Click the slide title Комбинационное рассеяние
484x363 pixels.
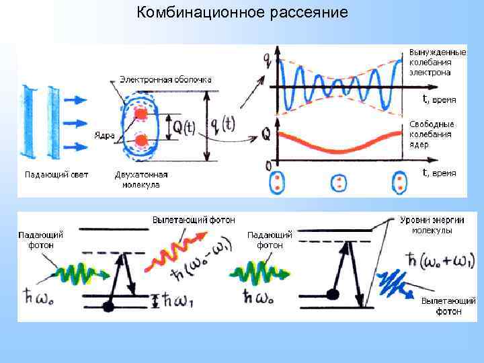[x=242, y=13]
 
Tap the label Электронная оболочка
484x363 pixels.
[x=165, y=79]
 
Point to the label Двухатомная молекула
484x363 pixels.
[x=141, y=179]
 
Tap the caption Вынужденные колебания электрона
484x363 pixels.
[x=437, y=62]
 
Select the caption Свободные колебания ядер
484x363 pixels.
[x=432, y=134]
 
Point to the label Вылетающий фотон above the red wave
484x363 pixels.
[x=194, y=220]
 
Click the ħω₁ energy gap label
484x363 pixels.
[x=177, y=300]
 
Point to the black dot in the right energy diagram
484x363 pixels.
[x=331, y=294]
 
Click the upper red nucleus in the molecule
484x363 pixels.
[x=141, y=114]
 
